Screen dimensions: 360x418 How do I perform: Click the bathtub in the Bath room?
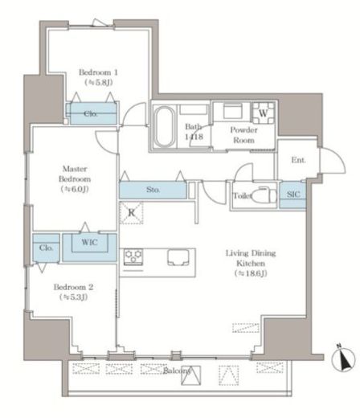pyautogui.click(x=164, y=126)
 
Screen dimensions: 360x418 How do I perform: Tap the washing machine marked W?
pyautogui.click(x=263, y=113)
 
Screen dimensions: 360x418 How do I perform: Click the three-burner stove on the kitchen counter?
pyautogui.click(x=133, y=256)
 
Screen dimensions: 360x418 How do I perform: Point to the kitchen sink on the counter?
pyautogui.click(x=178, y=257)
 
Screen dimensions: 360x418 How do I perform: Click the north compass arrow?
pyautogui.click(x=343, y=359)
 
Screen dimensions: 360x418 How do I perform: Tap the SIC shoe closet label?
pyautogui.click(x=293, y=195)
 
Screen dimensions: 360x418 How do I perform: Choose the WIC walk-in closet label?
pyautogui.click(x=89, y=243)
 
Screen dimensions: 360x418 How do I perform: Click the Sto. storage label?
pyautogui.click(x=153, y=190)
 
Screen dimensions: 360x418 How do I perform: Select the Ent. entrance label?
pyautogui.click(x=298, y=160)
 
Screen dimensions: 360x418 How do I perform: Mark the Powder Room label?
pyautogui.click(x=243, y=135)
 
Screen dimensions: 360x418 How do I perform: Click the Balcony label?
pyautogui.click(x=177, y=371)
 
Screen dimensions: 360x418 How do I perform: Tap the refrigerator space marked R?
pyautogui.click(x=131, y=213)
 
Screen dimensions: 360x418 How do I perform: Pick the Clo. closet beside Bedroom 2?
pyautogui.click(x=46, y=248)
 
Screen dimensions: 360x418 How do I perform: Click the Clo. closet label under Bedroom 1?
pyautogui.click(x=91, y=114)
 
